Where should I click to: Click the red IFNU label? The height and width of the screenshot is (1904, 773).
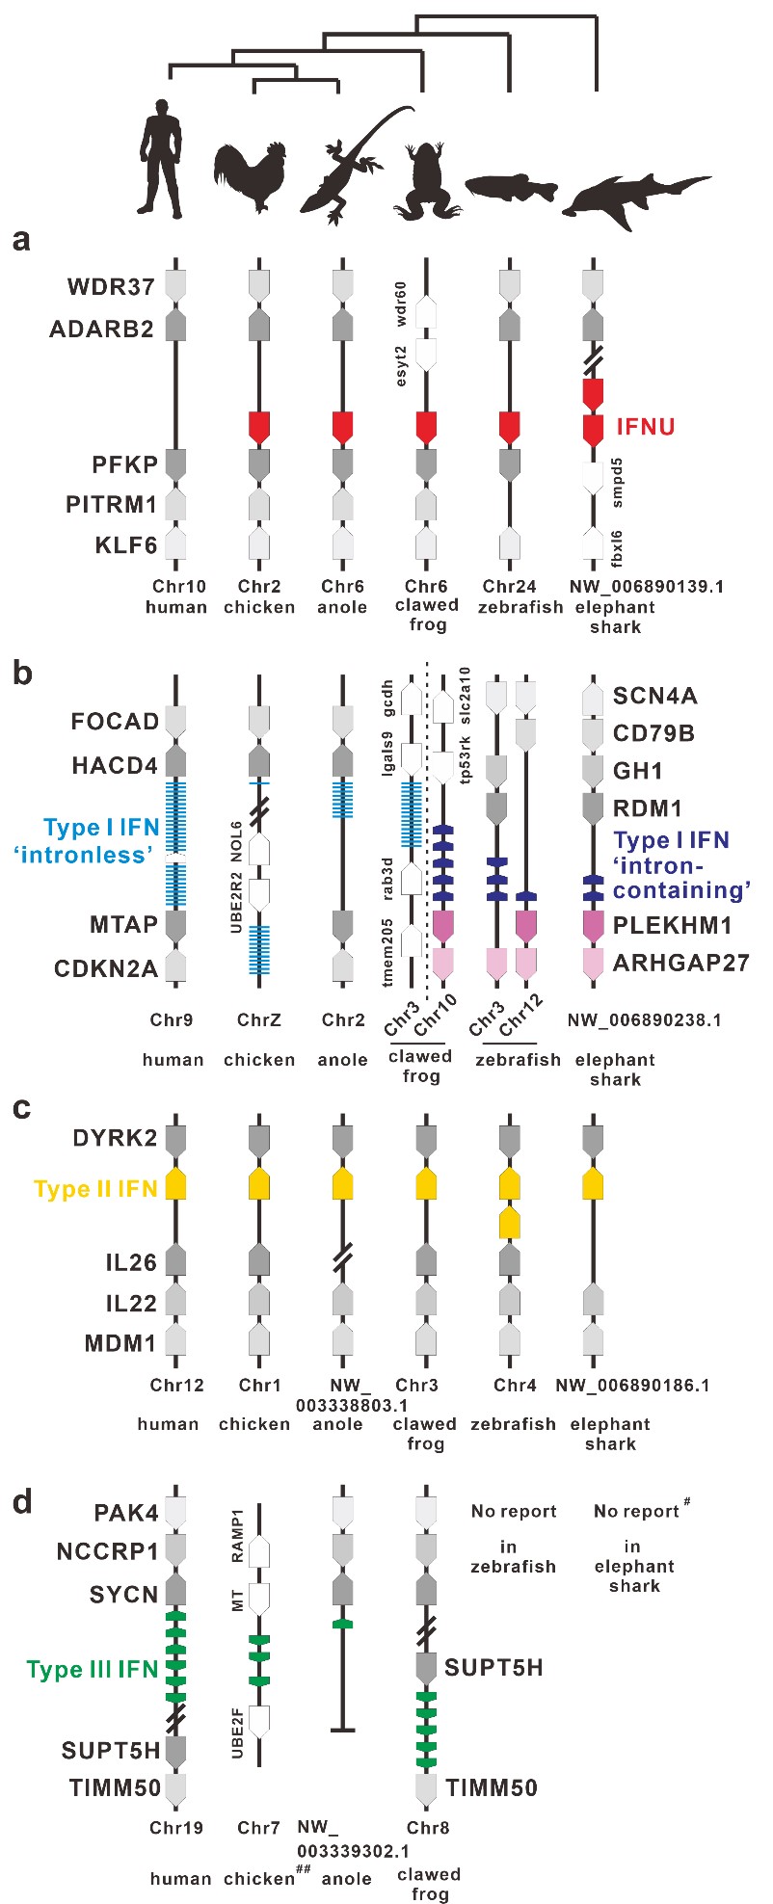point(645,426)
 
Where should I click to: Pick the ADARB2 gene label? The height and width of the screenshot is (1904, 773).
point(101,330)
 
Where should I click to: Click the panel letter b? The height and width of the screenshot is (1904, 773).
point(21,673)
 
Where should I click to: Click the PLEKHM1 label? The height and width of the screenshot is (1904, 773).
point(673,926)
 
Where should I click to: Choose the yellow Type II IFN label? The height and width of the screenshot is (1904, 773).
point(95,1189)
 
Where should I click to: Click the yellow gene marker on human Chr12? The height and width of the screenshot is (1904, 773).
point(174,1184)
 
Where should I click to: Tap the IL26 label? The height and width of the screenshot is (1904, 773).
point(131,1261)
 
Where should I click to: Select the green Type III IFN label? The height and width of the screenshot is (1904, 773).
point(92,1670)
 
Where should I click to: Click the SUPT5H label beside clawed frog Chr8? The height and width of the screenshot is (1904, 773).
point(493,1667)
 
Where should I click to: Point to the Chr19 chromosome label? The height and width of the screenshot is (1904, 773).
point(176,1828)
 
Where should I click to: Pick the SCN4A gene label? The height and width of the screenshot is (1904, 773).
point(654,696)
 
